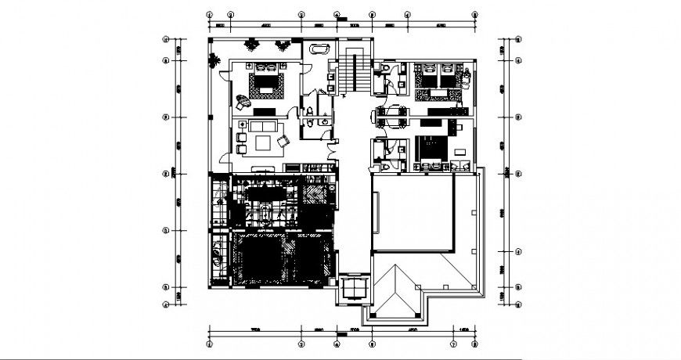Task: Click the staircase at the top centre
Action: coord(355,72)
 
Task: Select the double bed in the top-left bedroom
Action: coord(265,82)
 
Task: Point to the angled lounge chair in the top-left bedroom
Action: coord(241,99)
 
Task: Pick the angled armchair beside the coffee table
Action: coord(283,141)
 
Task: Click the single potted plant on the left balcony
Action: coord(214,59)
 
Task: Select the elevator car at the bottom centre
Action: coord(355,288)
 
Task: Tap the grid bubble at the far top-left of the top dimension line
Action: coord(209,14)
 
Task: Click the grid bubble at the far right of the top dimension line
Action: coord(475,14)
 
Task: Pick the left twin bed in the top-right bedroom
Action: coord(429,76)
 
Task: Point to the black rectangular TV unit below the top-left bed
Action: coord(261,112)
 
